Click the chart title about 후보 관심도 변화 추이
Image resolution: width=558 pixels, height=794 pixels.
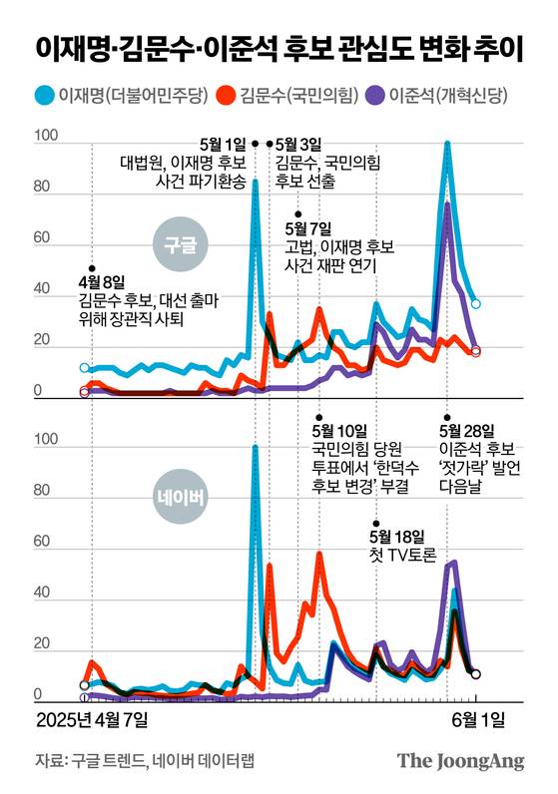pos(279,46)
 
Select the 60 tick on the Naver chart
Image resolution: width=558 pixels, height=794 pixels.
pos(45,543)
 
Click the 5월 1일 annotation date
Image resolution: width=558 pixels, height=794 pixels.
pos(225,144)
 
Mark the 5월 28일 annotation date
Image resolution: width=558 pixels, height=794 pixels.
pos(465,432)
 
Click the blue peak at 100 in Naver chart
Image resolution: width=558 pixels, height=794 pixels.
pos(256,448)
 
